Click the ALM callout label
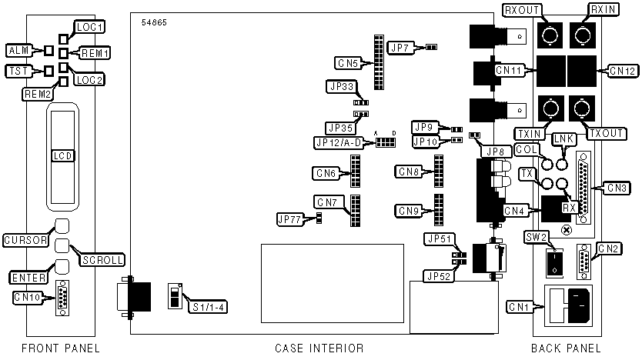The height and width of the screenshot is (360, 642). coord(16,51)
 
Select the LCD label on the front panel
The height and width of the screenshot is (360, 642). coord(63,155)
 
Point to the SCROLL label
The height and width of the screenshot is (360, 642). coord(102,260)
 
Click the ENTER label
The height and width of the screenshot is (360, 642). coord(26,276)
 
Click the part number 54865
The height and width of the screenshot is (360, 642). coord(154,22)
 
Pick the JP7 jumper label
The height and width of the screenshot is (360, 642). coord(401,48)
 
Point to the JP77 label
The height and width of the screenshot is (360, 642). coord(290,219)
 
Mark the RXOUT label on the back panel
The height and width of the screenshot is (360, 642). coord(520,10)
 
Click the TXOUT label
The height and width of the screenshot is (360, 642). coord(606,133)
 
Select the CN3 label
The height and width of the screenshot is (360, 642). coord(618,187)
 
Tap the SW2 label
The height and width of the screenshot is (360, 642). coord(537,235)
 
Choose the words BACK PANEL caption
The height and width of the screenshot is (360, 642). coord(566,348)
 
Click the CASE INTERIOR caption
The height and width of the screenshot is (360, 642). coord(319,348)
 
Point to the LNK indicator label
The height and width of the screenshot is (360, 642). coord(564,138)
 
